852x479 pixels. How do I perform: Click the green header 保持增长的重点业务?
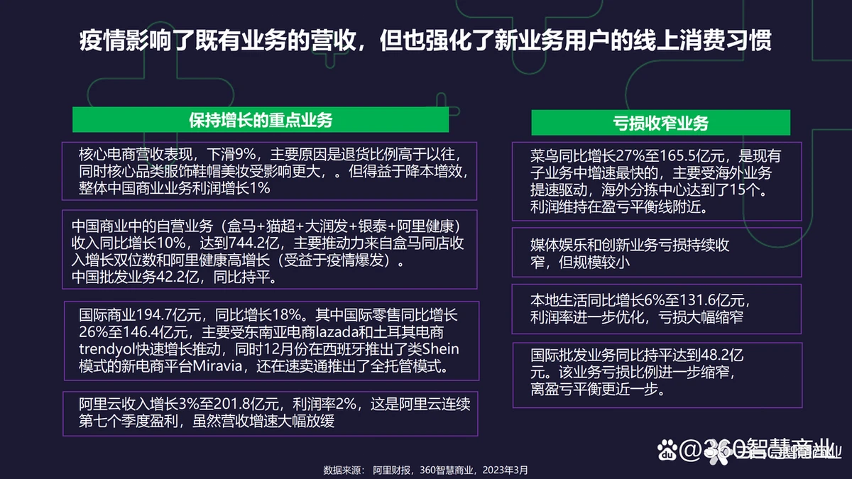tap(261, 120)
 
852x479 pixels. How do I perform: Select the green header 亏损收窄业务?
tap(661, 123)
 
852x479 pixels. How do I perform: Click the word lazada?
tap(337, 332)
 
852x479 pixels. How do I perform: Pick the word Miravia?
tap(217, 366)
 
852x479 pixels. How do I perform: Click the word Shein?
tap(440, 349)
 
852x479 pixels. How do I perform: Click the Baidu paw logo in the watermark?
tap(667, 450)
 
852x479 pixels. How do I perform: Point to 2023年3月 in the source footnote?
tap(505, 470)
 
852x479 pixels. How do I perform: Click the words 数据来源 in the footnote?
tap(342, 470)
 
